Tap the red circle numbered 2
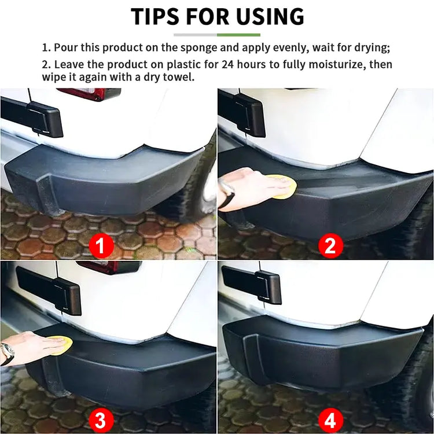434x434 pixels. point(330,247)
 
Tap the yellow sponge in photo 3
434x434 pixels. point(60,345)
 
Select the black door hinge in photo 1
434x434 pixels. point(44,119)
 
